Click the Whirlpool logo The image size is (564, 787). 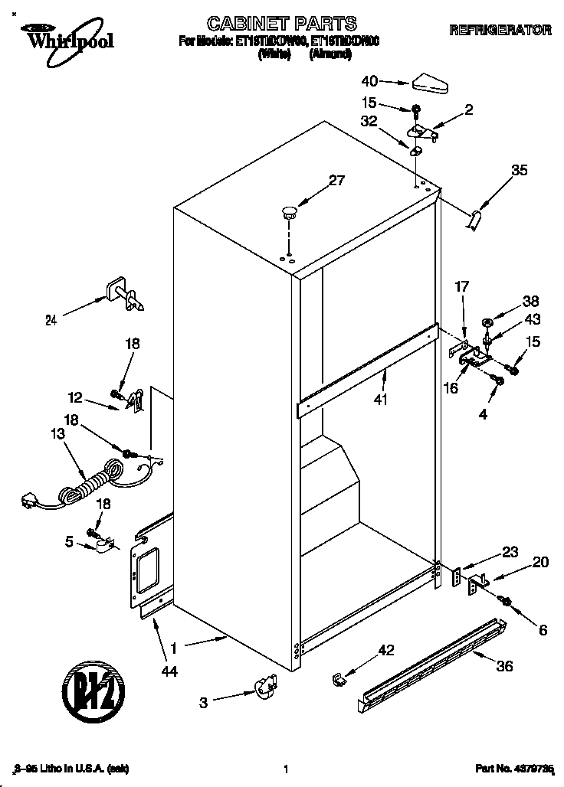tap(66, 36)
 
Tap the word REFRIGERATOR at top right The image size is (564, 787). tap(500, 31)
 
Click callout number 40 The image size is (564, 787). tap(369, 79)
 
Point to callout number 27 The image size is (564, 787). tap(337, 181)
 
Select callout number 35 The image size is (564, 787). tap(519, 171)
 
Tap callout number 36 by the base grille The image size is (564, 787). tap(504, 666)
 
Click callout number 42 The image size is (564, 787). tap(386, 650)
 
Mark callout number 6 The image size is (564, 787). tap(543, 630)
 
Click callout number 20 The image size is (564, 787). tap(540, 563)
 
